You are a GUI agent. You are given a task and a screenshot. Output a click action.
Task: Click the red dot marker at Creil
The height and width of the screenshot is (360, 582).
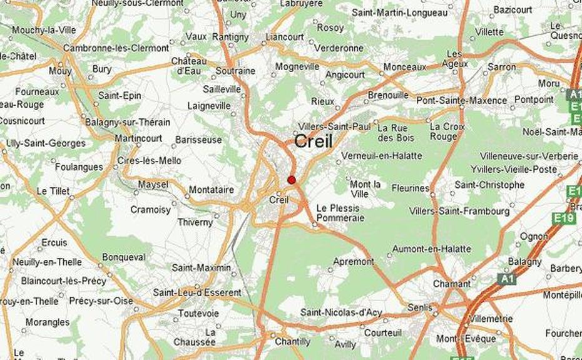pos(291,180)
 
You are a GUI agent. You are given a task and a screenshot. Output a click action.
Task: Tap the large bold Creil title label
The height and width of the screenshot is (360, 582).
pos(313,141)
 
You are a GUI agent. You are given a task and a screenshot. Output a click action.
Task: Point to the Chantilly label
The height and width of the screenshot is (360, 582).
pos(292,342)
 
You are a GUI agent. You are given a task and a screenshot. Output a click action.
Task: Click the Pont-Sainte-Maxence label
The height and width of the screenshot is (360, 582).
pos(462,100)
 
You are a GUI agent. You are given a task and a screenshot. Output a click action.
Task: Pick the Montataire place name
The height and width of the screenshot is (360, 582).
pos(211,190)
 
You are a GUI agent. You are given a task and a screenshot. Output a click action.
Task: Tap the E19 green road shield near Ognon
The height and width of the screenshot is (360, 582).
pos(564,218)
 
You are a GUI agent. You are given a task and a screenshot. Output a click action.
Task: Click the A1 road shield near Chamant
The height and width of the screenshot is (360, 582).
pos(507,279)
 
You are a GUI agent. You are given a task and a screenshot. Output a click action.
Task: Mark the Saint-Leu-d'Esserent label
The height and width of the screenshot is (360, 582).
pos(197,292)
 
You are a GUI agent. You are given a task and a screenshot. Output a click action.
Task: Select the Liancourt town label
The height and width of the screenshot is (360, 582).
pos(285,38)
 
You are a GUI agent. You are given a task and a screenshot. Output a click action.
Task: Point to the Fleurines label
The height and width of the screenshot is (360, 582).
pos(411,188)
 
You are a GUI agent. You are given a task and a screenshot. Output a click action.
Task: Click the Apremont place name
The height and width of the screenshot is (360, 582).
pos(354,262)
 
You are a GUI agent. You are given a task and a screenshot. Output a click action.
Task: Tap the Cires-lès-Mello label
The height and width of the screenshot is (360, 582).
pos(150,161)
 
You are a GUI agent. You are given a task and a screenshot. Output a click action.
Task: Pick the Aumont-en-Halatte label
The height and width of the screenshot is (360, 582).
pos(431,249)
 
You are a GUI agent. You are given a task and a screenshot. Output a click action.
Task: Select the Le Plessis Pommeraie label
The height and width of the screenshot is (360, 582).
pos(339,213)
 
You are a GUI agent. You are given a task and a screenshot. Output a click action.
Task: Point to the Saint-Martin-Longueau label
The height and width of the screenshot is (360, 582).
pos(399,12)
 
